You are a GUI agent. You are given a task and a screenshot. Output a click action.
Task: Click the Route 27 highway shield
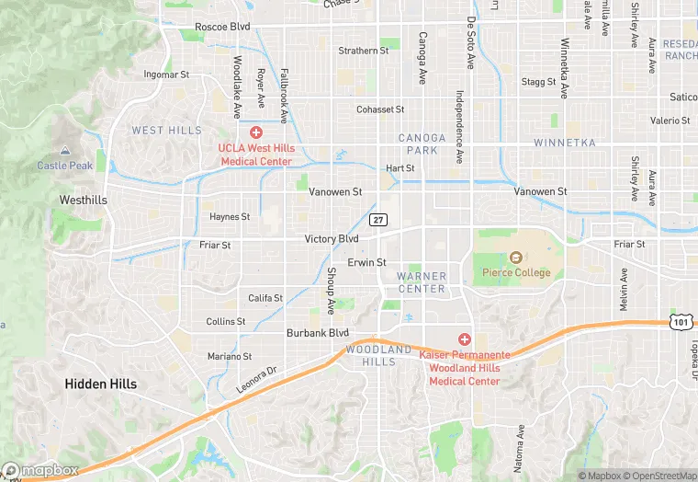378,220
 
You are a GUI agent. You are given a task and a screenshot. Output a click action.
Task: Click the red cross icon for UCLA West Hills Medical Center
255,132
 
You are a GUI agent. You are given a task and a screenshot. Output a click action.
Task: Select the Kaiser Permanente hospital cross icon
465,339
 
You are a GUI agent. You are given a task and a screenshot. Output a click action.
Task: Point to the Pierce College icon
516,258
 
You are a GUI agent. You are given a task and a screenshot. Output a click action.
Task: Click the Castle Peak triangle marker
64,151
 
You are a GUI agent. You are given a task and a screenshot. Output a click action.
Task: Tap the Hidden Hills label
101,384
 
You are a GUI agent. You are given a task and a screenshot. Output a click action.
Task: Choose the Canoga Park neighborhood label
422,143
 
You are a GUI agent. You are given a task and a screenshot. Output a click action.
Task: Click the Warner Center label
422,282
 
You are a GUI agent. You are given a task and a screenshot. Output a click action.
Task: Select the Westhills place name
83,200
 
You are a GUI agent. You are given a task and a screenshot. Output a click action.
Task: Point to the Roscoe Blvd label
222,27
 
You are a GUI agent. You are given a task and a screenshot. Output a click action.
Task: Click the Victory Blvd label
332,239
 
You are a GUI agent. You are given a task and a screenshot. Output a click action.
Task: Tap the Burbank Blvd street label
318,333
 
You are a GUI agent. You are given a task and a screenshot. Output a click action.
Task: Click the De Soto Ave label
471,43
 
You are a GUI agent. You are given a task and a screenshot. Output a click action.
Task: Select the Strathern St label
363,51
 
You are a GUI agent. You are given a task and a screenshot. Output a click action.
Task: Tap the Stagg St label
539,82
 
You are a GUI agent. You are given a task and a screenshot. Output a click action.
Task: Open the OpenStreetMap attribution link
655,476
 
